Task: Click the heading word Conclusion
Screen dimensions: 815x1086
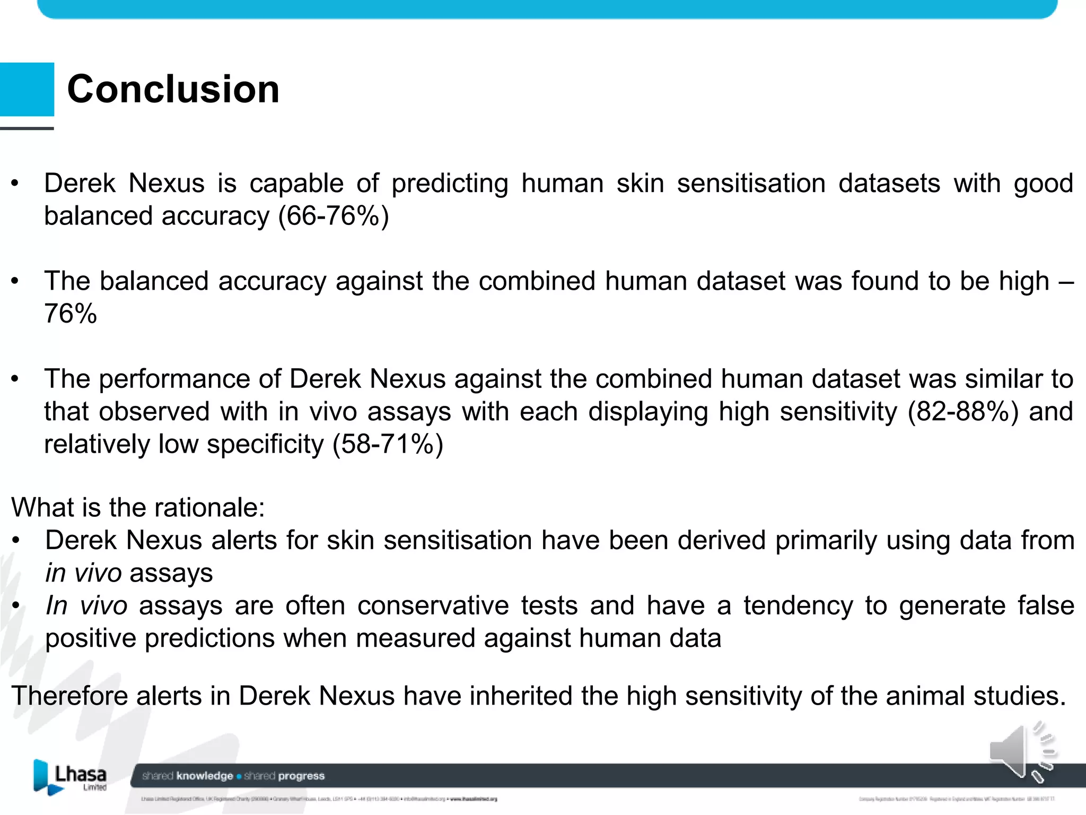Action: (x=173, y=89)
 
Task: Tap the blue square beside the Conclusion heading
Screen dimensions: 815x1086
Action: (x=27, y=89)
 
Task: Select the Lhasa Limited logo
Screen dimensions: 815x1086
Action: (x=71, y=777)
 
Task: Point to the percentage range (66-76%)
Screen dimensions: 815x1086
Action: (x=334, y=216)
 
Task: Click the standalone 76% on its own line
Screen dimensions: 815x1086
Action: (x=71, y=314)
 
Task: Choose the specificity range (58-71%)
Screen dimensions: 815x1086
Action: (x=388, y=445)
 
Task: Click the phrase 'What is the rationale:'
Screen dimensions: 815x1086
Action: (x=138, y=507)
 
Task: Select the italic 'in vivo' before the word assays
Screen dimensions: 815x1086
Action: (x=84, y=573)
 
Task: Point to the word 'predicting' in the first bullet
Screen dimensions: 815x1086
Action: (x=450, y=184)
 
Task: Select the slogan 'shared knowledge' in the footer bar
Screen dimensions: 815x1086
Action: (x=188, y=776)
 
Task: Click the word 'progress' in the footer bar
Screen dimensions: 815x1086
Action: (x=302, y=776)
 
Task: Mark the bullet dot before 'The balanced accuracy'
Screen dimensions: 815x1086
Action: (x=15, y=281)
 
